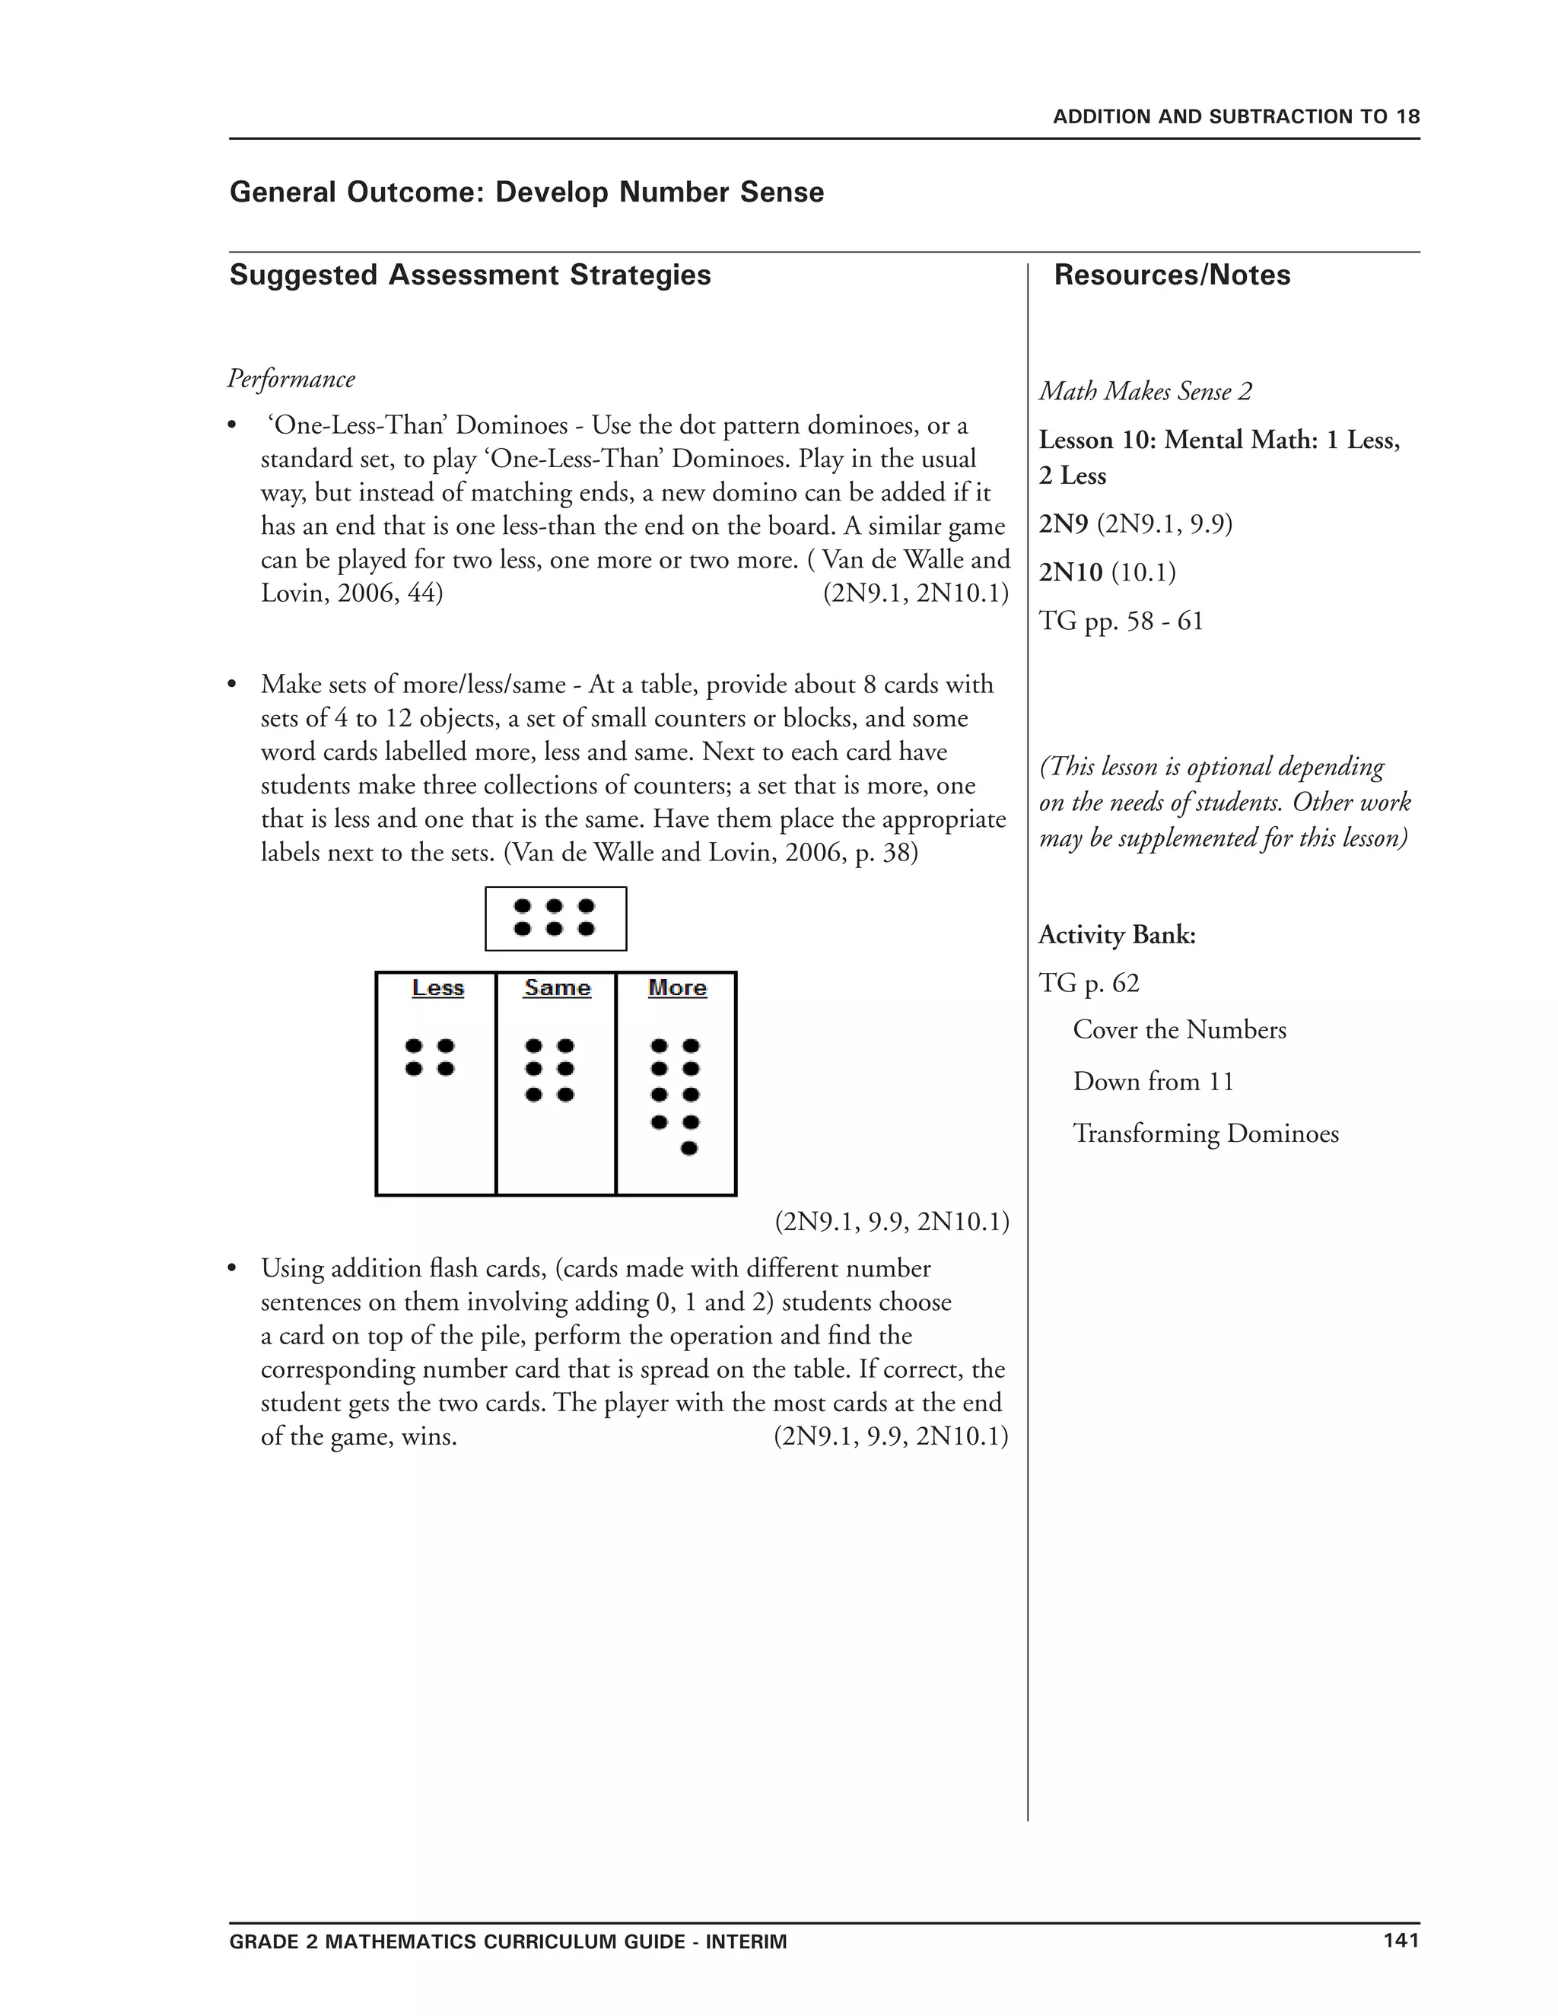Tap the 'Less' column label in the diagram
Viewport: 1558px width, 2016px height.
click(437, 987)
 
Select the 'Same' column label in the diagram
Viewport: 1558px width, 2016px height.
click(558, 987)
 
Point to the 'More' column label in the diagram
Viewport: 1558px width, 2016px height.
click(678, 987)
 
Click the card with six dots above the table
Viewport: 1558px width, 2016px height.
click(555, 918)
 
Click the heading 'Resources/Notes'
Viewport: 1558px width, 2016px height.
click(1172, 275)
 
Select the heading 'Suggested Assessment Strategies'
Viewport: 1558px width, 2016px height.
click(470, 275)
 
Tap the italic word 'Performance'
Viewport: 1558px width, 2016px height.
click(291, 380)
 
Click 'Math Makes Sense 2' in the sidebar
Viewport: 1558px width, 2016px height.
click(1146, 391)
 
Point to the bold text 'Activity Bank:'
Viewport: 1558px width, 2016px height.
click(1117, 935)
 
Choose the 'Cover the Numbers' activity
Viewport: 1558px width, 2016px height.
click(1178, 1030)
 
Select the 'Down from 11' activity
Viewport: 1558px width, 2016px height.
click(1153, 1082)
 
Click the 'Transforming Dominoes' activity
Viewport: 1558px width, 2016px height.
click(1206, 1134)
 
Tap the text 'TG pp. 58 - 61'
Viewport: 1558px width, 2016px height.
click(1121, 622)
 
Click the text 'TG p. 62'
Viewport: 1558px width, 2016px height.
click(1089, 983)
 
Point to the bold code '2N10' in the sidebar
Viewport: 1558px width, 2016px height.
click(1070, 574)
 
